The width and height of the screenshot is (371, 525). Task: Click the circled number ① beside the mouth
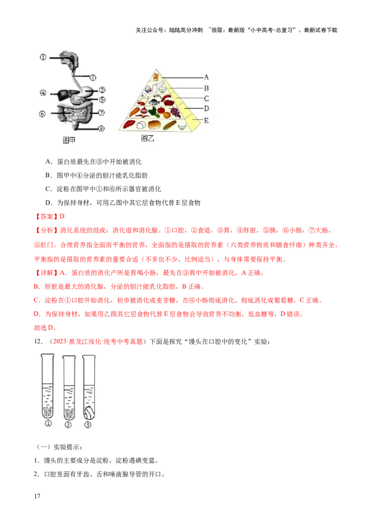point(43,58)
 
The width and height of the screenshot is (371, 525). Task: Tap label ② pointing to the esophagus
point(93,77)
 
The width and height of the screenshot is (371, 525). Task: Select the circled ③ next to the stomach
point(102,90)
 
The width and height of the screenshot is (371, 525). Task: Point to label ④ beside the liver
point(43,93)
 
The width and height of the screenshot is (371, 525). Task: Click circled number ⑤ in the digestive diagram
point(102,99)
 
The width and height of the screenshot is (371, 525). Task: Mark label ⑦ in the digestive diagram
point(102,113)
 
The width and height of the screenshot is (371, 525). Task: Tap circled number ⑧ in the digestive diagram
point(102,129)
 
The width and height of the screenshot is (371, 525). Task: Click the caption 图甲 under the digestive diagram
point(69,140)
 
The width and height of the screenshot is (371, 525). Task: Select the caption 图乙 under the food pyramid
point(147,138)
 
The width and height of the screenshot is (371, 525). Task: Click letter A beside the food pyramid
point(206,77)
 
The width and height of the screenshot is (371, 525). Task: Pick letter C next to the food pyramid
point(206,98)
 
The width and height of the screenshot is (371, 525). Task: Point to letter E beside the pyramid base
point(206,121)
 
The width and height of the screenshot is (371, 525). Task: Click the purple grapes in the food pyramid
point(176,112)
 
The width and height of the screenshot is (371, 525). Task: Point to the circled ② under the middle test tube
point(69,424)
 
